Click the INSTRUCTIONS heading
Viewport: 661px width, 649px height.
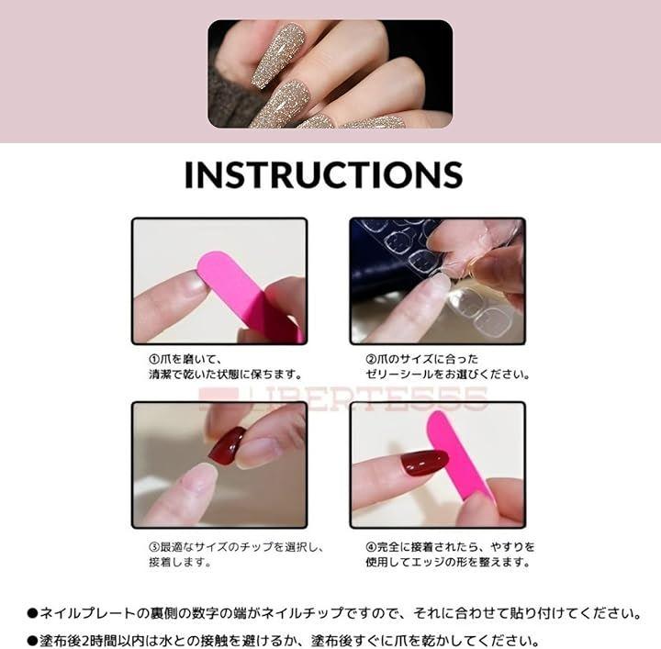tap(323, 174)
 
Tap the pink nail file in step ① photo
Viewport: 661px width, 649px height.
tap(250, 295)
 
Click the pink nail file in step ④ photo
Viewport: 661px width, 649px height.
tap(456, 455)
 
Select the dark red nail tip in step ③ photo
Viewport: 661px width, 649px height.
tap(227, 446)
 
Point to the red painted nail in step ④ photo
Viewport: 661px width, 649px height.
tap(424, 462)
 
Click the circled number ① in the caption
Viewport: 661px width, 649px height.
tap(154, 359)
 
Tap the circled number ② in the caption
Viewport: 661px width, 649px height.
tap(371, 359)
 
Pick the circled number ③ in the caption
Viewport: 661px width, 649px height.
tap(154, 547)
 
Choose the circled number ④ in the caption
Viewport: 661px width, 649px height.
tap(371, 547)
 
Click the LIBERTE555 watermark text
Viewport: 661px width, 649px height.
tap(343, 397)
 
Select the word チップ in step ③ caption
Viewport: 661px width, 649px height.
tap(256, 547)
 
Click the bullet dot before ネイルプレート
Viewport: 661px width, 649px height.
tap(32, 613)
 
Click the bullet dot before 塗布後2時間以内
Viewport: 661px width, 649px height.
tap(32, 642)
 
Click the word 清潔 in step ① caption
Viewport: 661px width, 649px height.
tap(160, 374)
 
